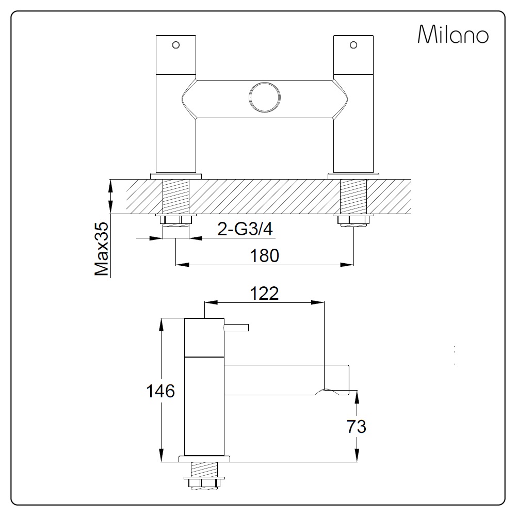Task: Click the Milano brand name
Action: (453, 34)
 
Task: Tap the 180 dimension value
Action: (265, 255)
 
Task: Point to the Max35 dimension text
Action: (101, 249)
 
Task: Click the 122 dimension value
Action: (264, 293)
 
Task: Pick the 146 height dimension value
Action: (160, 391)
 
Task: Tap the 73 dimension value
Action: (357, 427)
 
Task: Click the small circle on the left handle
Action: (176, 45)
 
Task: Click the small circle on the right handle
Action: (353, 45)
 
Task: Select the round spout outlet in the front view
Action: (265, 98)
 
